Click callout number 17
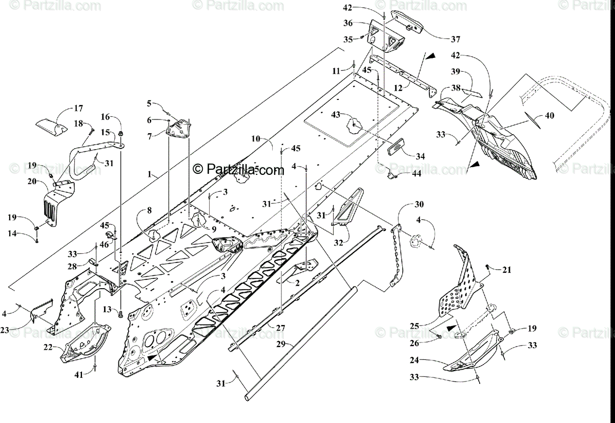click(x=78, y=108)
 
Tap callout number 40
click(x=549, y=116)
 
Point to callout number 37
click(x=456, y=39)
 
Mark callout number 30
click(x=419, y=204)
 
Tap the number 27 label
click(x=280, y=327)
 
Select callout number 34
click(x=420, y=155)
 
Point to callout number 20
click(x=32, y=182)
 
